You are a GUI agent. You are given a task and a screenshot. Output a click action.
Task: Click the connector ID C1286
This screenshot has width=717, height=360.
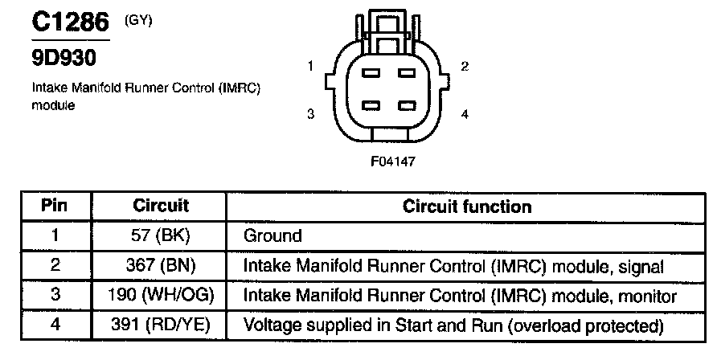[x=71, y=22]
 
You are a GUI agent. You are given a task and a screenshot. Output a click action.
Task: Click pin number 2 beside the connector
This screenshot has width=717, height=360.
[x=465, y=67]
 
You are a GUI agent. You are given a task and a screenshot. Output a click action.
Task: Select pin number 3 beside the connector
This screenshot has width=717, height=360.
[x=310, y=114]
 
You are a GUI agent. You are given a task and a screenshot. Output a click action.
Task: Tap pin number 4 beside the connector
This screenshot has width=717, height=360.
[x=465, y=114]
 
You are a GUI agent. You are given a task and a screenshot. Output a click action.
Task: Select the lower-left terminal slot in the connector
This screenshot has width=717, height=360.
[x=371, y=106]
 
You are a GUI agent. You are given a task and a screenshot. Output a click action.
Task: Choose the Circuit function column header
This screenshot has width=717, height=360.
[x=467, y=206]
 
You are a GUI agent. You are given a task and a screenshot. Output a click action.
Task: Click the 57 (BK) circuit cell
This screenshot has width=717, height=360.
[x=161, y=236]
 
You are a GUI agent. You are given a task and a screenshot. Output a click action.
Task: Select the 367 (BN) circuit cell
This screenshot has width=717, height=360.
[x=161, y=266]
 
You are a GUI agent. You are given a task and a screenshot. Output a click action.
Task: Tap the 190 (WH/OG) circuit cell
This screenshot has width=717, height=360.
[x=161, y=296]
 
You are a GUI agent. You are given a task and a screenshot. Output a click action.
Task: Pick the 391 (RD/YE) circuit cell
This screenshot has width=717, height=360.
[x=161, y=325]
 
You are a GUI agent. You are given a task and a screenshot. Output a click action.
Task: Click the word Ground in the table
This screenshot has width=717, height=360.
[x=272, y=236]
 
